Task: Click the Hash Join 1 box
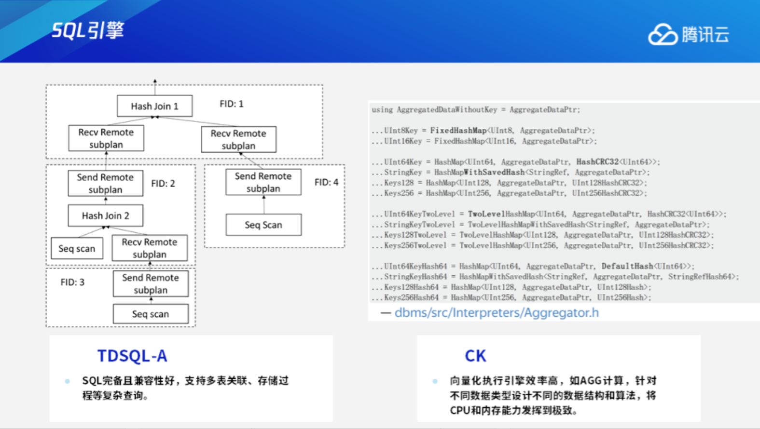click(x=154, y=106)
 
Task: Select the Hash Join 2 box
click(x=105, y=215)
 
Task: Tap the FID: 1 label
click(x=232, y=104)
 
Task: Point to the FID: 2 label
click(x=163, y=184)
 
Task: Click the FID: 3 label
click(x=72, y=282)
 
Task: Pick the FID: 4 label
click(x=326, y=182)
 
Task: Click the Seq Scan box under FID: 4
click(x=263, y=225)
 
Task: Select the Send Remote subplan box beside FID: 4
click(x=263, y=182)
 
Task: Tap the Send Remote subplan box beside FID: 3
click(x=151, y=284)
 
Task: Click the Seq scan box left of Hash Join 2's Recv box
click(x=77, y=249)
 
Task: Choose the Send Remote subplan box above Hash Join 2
click(x=105, y=183)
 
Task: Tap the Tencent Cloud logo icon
click(x=663, y=34)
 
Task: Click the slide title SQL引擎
click(x=88, y=30)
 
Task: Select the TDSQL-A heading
click(x=132, y=356)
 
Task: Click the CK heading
click(x=475, y=356)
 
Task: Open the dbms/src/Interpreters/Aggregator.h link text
click(x=497, y=313)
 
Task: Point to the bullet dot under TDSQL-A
click(x=68, y=381)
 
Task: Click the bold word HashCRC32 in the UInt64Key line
click(x=597, y=162)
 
